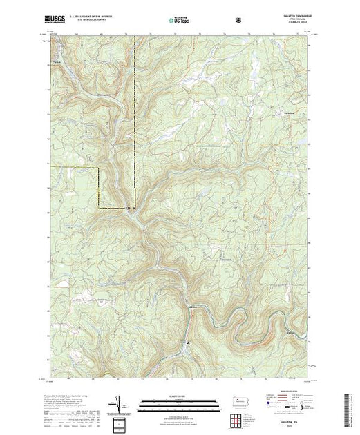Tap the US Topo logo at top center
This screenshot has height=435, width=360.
(180, 21)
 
